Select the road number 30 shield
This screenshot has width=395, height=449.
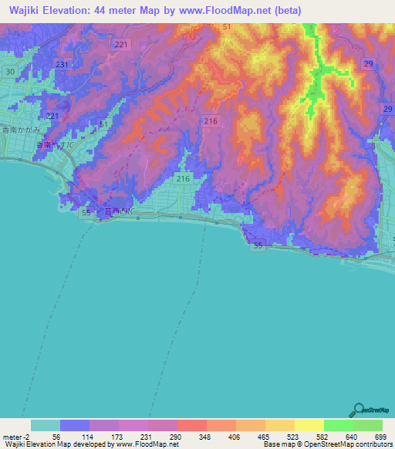9,72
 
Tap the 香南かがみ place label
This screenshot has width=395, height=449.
21,130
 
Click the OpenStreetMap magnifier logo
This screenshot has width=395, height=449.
359,410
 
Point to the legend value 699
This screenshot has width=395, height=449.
381,437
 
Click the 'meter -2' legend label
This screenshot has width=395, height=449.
15,437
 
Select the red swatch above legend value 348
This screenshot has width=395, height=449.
191,425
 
